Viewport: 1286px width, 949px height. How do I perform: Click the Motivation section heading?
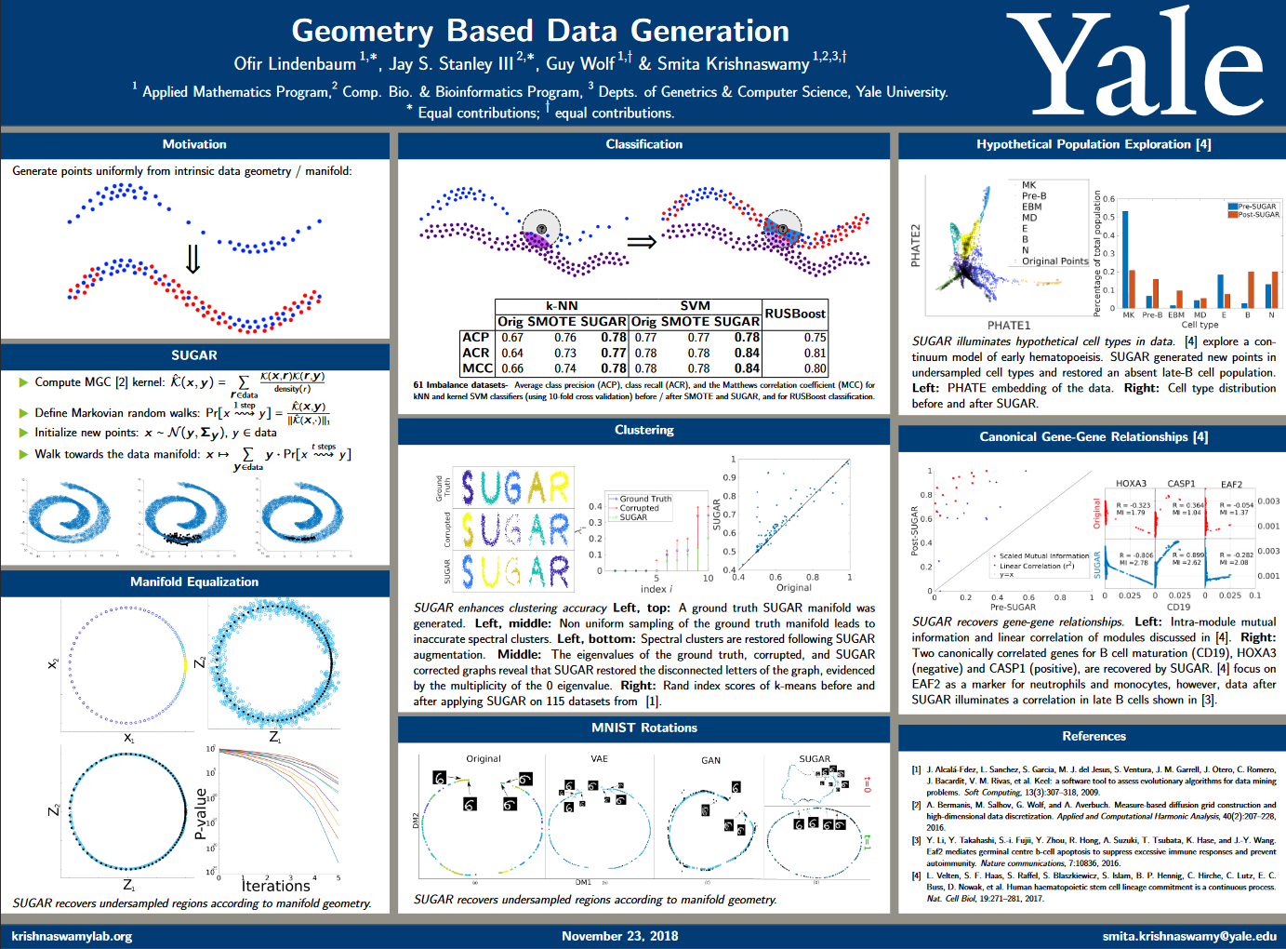194,144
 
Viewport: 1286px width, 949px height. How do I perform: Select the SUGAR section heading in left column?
194,355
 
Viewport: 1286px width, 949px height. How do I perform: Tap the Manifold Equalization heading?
194,581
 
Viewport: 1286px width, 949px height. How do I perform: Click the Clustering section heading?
644,430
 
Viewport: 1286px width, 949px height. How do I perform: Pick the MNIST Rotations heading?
644,728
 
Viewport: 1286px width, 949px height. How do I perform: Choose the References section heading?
1094,736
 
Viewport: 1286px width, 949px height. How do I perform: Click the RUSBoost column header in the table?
795,314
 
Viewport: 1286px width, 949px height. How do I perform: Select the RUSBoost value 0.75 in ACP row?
815,338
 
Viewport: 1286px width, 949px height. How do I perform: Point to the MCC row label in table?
477,368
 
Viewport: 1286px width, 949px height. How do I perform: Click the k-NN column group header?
562,305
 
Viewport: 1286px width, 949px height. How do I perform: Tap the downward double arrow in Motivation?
192,259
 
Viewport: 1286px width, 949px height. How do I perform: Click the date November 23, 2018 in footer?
619,936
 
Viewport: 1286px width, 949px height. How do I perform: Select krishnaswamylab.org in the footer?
72,936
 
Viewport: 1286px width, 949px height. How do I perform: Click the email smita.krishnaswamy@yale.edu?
1189,936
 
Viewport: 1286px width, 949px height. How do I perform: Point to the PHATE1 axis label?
1008,326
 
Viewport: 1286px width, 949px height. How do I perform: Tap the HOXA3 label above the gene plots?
1131,484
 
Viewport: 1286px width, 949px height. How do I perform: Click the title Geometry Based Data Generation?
540,31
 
